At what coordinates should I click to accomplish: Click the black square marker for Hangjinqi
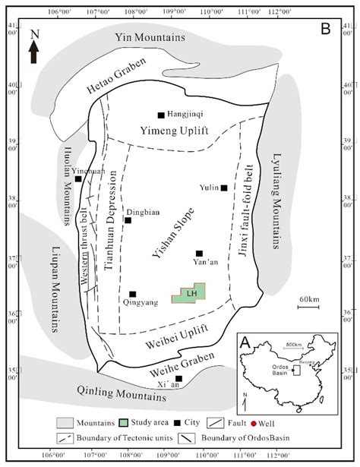(x=161, y=115)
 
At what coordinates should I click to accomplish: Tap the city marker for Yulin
(x=224, y=188)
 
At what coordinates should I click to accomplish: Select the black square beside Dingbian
(x=128, y=220)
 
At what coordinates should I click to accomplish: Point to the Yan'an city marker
(x=199, y=254)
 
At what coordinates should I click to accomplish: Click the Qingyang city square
(x=132, y=294)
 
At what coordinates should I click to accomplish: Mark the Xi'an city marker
(x=179, y=378)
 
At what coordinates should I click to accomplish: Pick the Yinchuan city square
(x=78, y=178)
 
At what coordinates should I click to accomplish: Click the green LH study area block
(x=191, y=294)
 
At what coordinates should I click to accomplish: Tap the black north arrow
(x=33, y=52)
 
